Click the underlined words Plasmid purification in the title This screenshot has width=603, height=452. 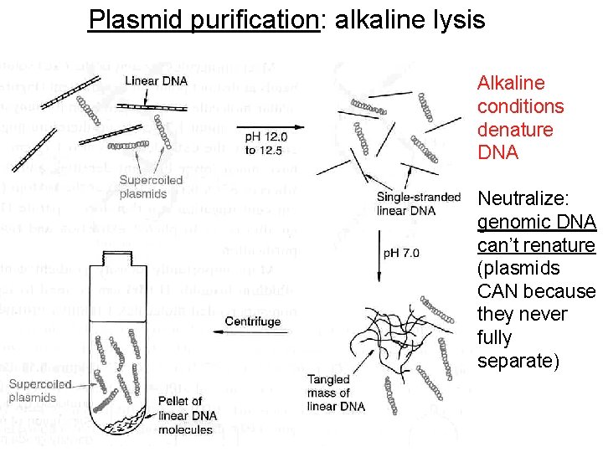pos(204,19)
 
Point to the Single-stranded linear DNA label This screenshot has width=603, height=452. pos(419,203)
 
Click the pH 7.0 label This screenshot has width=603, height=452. pos(402,252)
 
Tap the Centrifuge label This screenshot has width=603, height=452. pos(253,321)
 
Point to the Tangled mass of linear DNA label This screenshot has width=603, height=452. pos(336,393)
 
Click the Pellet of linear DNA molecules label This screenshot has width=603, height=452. pos(187,415)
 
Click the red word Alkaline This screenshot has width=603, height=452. pos(511,83)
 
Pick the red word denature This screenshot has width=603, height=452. pos(515,130)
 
